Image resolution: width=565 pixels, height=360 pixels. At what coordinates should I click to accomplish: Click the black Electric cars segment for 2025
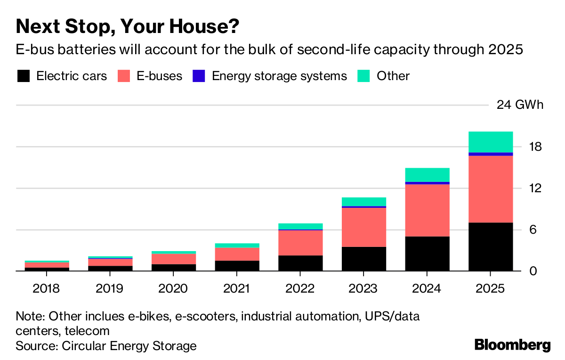click(x=491, y=246)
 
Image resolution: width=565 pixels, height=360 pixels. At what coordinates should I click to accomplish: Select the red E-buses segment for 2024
click(x=427, y=210)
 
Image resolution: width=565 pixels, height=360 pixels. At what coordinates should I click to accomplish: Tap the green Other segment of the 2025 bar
click(x=491, y=142)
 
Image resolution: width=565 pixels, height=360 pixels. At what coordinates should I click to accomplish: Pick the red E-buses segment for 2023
click(x=364, y=227)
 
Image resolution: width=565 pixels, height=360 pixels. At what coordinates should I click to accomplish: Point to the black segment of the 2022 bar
click(x=300, y=263)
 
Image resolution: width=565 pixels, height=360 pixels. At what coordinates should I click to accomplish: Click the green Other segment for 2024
click(x=427, y=174)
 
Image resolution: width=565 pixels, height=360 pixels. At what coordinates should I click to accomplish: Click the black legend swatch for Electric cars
click(x=23, y=76)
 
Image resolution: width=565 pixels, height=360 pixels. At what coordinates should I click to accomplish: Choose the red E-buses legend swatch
click(x=124, y=76)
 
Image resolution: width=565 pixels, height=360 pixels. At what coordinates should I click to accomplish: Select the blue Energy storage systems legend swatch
click(x=199, y=76)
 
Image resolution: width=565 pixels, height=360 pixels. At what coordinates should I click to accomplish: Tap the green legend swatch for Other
click(x=364, y=76)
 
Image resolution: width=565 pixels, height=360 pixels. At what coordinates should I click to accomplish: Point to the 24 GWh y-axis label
click(x=520, y=105)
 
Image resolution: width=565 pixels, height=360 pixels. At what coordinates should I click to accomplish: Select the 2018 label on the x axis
click(x=46, y=288)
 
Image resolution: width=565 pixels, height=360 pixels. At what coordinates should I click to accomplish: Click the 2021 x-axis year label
click(x=237, y=288)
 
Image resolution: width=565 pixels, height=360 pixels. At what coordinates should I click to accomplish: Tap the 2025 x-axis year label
click(x=491, y=288)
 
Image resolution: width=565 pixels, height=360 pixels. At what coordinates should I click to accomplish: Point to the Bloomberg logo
click(x=512, y=345)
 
